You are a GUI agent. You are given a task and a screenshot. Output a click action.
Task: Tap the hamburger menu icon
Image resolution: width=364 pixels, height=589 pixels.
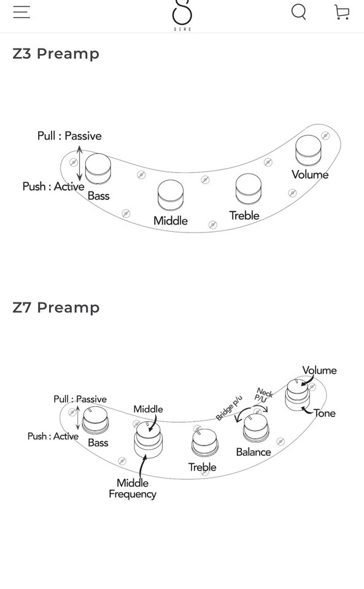tap(21, 12)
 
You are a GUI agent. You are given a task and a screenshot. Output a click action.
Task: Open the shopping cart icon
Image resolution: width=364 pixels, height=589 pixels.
tap(342, 12)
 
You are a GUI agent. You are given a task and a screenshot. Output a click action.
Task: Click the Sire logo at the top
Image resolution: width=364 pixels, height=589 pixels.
tap(182, 15)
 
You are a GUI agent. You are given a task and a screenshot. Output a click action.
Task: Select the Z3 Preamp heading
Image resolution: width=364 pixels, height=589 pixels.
tap(56, 54)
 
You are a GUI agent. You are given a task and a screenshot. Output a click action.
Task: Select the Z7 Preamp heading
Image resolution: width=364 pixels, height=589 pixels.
tap(56, 307)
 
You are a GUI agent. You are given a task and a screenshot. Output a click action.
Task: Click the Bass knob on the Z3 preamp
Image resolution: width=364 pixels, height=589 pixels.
tap(98, 169)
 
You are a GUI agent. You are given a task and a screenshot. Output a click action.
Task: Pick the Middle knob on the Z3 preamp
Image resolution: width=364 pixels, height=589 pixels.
tap(171, 195)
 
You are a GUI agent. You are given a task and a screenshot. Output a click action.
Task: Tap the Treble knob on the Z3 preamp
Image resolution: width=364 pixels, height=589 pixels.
tap(249, 188)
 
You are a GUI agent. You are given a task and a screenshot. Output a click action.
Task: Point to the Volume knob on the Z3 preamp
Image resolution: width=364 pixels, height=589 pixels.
tap(308, 151)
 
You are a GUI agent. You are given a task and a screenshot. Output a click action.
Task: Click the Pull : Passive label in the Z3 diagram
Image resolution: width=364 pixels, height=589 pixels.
tap(69, 136)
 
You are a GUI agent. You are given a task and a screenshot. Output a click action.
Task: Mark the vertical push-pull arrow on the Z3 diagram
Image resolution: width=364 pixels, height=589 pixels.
tap(79, 163)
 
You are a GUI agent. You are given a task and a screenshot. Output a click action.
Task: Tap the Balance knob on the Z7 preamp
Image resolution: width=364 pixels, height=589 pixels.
tap(257, 428)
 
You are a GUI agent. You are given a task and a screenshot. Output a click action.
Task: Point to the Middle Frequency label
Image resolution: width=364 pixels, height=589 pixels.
tap(132, 488)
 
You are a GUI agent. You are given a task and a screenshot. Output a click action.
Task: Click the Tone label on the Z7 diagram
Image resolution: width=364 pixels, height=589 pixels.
tap(325, 413)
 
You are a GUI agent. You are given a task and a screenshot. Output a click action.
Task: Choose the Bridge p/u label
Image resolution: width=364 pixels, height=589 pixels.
tap(229, 408)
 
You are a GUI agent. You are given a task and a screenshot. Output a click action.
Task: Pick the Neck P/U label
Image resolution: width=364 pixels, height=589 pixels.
tap(263, 395)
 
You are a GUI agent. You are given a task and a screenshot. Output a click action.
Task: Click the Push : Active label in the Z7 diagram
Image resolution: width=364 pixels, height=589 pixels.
tap(53, 436)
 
